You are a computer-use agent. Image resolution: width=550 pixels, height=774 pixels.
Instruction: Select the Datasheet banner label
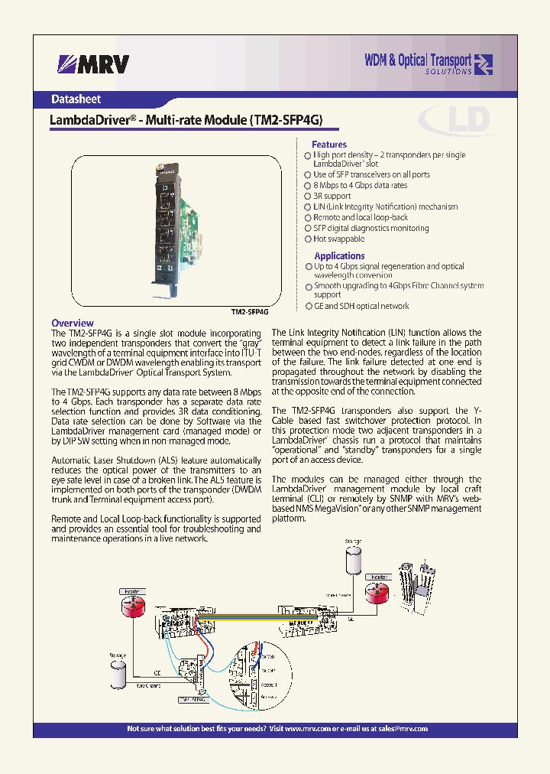[x=76, y=99]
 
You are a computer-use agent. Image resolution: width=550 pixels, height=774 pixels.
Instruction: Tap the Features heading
[x=328, y=144]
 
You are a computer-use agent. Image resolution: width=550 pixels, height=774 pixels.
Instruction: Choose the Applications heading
[x=339, y=255]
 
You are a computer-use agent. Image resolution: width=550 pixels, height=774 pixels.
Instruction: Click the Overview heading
[x=73, y=323]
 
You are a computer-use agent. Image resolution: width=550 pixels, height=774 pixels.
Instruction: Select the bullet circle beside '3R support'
[x=308, y=197]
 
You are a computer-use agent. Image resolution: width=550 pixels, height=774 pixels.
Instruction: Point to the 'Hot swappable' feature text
[x=338, y=239]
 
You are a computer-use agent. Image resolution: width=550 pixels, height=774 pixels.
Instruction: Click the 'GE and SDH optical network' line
[x=361, y=306]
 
